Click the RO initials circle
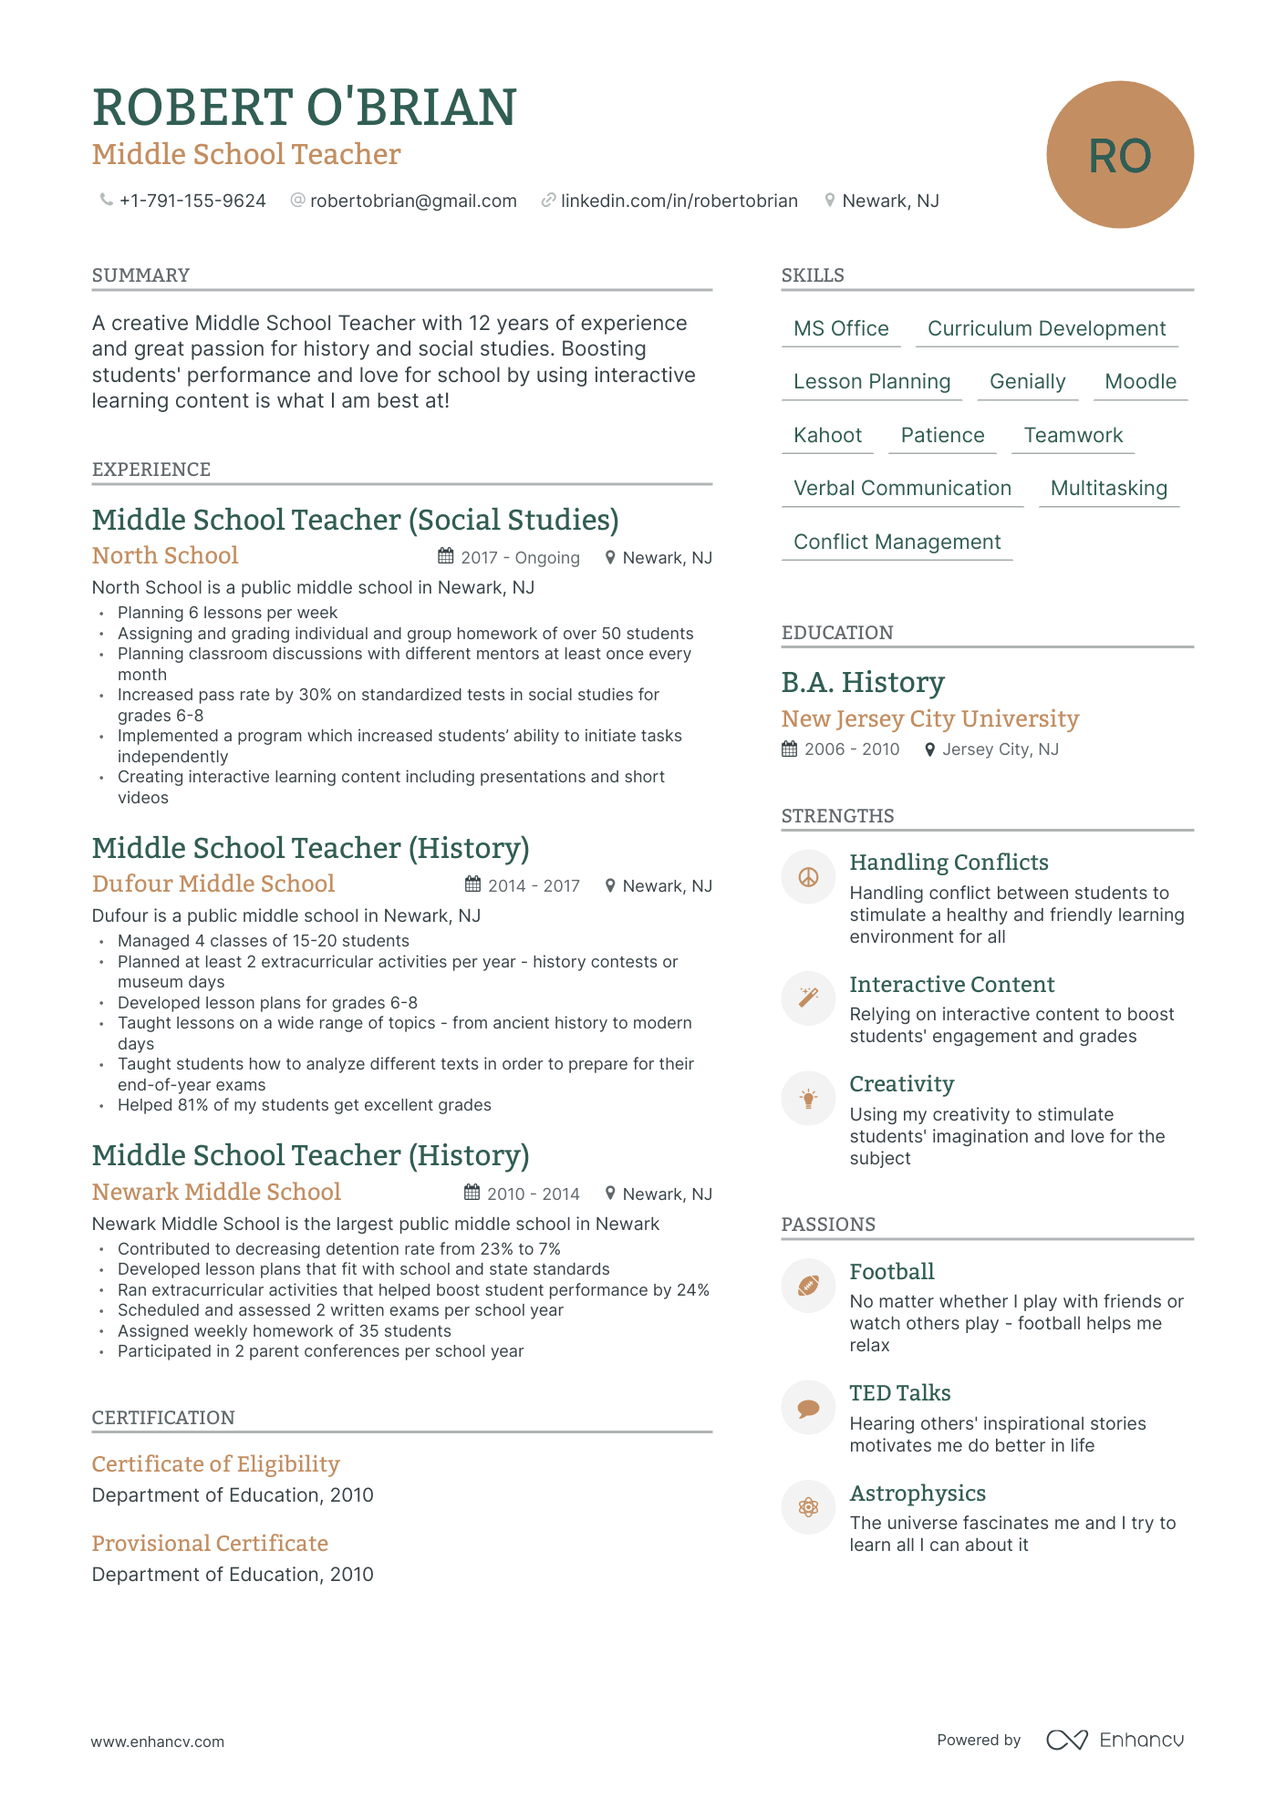pos(1119,155)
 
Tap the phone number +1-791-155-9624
pos(192,201)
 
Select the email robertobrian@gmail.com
pos(412,201)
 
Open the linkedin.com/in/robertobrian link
pos(679,201)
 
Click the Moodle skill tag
pos(1140,382)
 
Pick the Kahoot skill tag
pos(827,436)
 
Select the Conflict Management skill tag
pos(897,543)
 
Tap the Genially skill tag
pos(1027,382)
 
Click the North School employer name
pos(165,556)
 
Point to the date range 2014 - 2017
pos(534,886)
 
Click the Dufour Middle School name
pos(213,884)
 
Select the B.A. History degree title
pos(862,683)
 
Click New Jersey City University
pos(929,719)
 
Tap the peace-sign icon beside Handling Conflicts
pos(808,877)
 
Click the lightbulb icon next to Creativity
pos(808,1099)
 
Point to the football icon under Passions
pos(808,1286)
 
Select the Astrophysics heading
pos(917,1493)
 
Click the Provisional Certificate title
pos(210,1544)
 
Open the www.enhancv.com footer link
pos(157,1741)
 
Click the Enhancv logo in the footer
pos(1115,1741)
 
